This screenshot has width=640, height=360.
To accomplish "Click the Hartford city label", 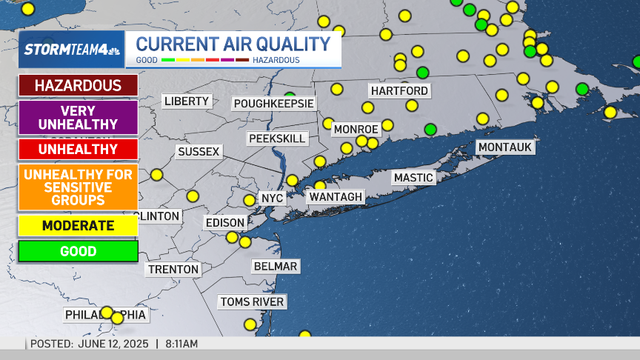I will [x=399, y=90].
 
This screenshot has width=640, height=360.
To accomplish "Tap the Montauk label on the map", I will [x=505, y=147].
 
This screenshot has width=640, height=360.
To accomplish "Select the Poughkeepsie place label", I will [x=273, y=103].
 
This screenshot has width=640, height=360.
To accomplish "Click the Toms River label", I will [x=252, y=301].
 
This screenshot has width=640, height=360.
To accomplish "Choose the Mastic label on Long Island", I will [x=413, y=178].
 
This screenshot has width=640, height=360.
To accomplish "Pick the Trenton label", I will [x=173, y=269].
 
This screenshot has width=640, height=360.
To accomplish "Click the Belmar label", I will [x=275, y=266].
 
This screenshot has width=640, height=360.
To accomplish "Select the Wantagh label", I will [x=336, y=196].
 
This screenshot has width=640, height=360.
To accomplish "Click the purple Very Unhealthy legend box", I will [x=78, y=117].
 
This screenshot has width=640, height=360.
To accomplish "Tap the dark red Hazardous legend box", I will [x=78, y=85].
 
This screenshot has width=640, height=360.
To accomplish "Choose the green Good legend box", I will [x=78, y=251].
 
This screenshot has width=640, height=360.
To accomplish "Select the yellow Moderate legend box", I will [x=78, y=225].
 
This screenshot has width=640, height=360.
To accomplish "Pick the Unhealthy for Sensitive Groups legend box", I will [x=78, y=187].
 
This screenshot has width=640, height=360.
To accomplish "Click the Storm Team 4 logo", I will [x=71, y=50].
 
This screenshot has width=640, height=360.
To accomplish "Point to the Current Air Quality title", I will [x=233, y=44].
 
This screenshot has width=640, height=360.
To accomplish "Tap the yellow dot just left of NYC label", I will [x=250, y=200].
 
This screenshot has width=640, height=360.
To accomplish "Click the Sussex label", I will [x=199, y=152].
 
